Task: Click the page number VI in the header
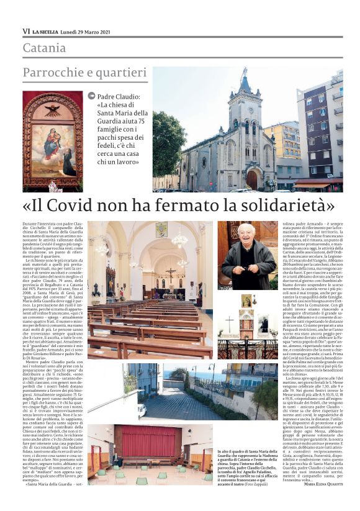point(26,31)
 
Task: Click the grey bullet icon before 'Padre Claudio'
point(92,96)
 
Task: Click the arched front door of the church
point(252,179)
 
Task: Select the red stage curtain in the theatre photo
point(147,441)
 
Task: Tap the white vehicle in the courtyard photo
point(142,410)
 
